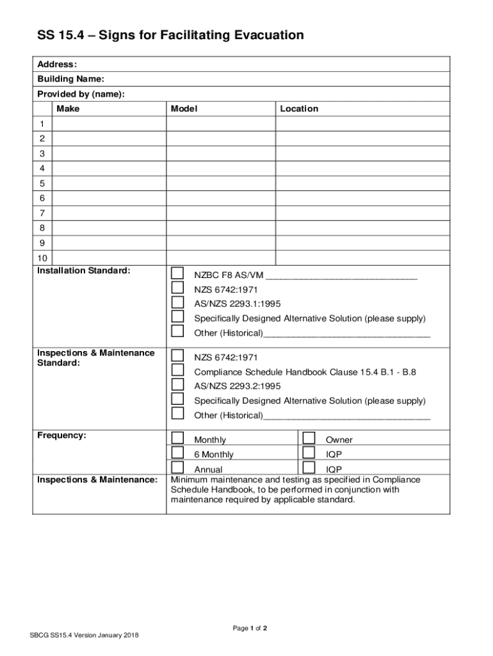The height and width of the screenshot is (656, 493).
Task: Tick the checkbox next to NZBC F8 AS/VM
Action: tap(177, 274)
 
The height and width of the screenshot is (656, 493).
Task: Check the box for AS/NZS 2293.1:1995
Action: tap(177, 302)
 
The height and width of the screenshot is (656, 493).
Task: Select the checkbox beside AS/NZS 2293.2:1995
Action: tap(177, 384)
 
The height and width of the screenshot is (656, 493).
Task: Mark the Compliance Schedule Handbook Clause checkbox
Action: tap(177, 370)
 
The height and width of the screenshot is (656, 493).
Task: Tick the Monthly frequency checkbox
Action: tap(177, 438)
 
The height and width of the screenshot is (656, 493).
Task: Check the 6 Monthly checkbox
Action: tap(177, 453)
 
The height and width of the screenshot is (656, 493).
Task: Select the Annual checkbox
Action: tap(177, 468)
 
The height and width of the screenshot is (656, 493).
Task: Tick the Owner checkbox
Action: tap(309, 438)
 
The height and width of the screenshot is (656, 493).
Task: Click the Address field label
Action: tap(57, 65)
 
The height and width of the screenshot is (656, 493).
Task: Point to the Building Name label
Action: tap(70, 79)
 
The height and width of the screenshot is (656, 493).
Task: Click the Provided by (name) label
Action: tap(81, 94)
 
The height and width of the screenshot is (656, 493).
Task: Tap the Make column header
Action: tap(68, 109)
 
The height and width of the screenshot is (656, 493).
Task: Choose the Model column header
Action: tap(184, 109)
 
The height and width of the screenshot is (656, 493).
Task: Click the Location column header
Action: tap(299, 109)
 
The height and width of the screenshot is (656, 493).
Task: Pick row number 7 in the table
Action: tap(42, 213)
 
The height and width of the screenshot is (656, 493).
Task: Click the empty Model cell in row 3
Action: tap(221, 154)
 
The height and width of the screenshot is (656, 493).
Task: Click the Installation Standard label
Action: tap(83, 271)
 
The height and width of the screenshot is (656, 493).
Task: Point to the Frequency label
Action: tap(61, 436)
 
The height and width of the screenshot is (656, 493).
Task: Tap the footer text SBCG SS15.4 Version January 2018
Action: tap(84, 635)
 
